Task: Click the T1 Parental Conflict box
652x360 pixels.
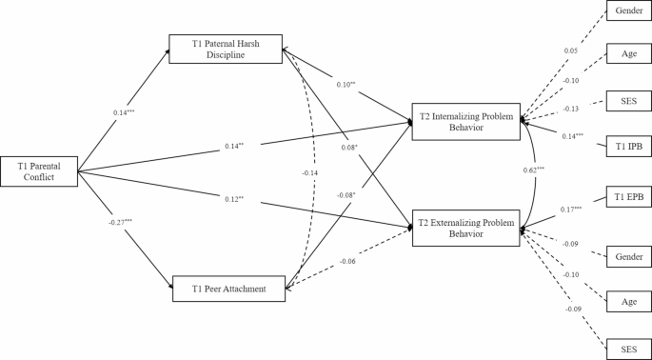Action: (39, 171)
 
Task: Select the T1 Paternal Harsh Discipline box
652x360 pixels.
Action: (226, 48)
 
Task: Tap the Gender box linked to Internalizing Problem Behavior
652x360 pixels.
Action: (627, 10)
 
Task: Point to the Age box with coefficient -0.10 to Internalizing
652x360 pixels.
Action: (627, 55)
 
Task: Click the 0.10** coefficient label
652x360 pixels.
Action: (345, 85)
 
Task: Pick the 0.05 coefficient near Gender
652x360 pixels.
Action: (570, 50)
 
